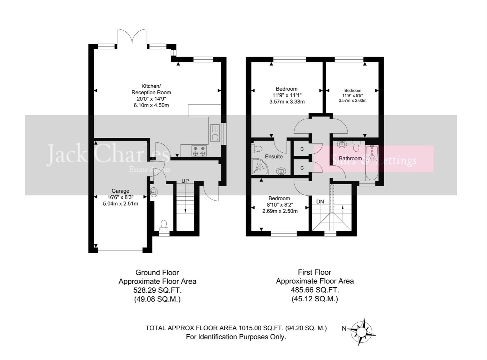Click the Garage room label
(120, 191)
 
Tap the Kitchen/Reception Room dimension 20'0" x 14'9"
(151, 99)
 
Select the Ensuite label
(274, 156)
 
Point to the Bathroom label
(350, 158)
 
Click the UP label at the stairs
(185, 181)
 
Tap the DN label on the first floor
(320, 202)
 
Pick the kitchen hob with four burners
(199, 151)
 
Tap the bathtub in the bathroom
(371, 163)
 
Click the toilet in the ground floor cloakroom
(163, 225)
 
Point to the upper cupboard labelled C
(302, 149)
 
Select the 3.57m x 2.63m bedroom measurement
(353, 100)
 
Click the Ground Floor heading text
(157, 272)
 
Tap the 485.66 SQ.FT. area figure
(315, 290)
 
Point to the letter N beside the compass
(344, 329)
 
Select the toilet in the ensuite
(258, 147)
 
